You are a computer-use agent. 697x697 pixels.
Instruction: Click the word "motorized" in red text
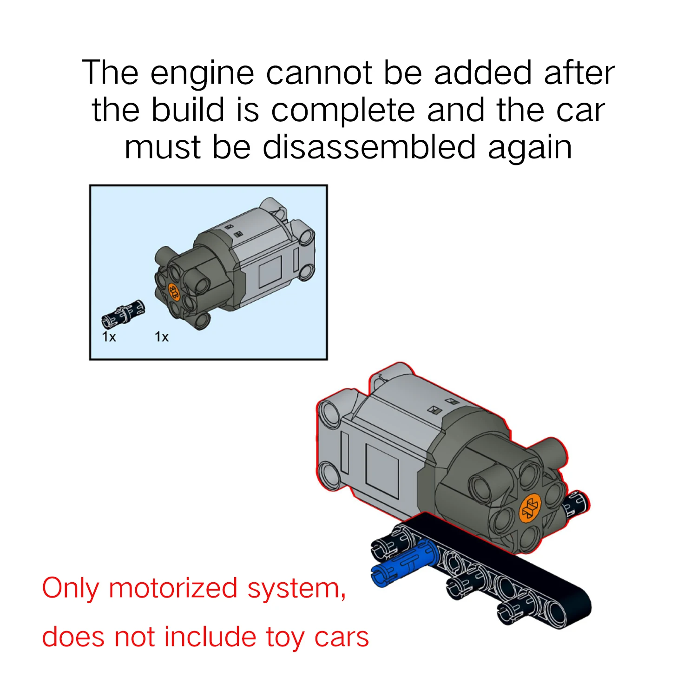tap(173, 588)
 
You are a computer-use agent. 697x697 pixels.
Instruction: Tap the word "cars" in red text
tap(342, 637)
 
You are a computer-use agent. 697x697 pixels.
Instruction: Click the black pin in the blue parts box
tap(123, 314)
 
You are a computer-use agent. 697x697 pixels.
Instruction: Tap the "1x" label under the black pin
tap(109, 336)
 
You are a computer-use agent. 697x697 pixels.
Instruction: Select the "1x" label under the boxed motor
tap(161, 336)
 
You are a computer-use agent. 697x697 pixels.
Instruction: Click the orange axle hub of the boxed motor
tap(173, 292)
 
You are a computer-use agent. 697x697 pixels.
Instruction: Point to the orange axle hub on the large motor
tap(530, 508)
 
